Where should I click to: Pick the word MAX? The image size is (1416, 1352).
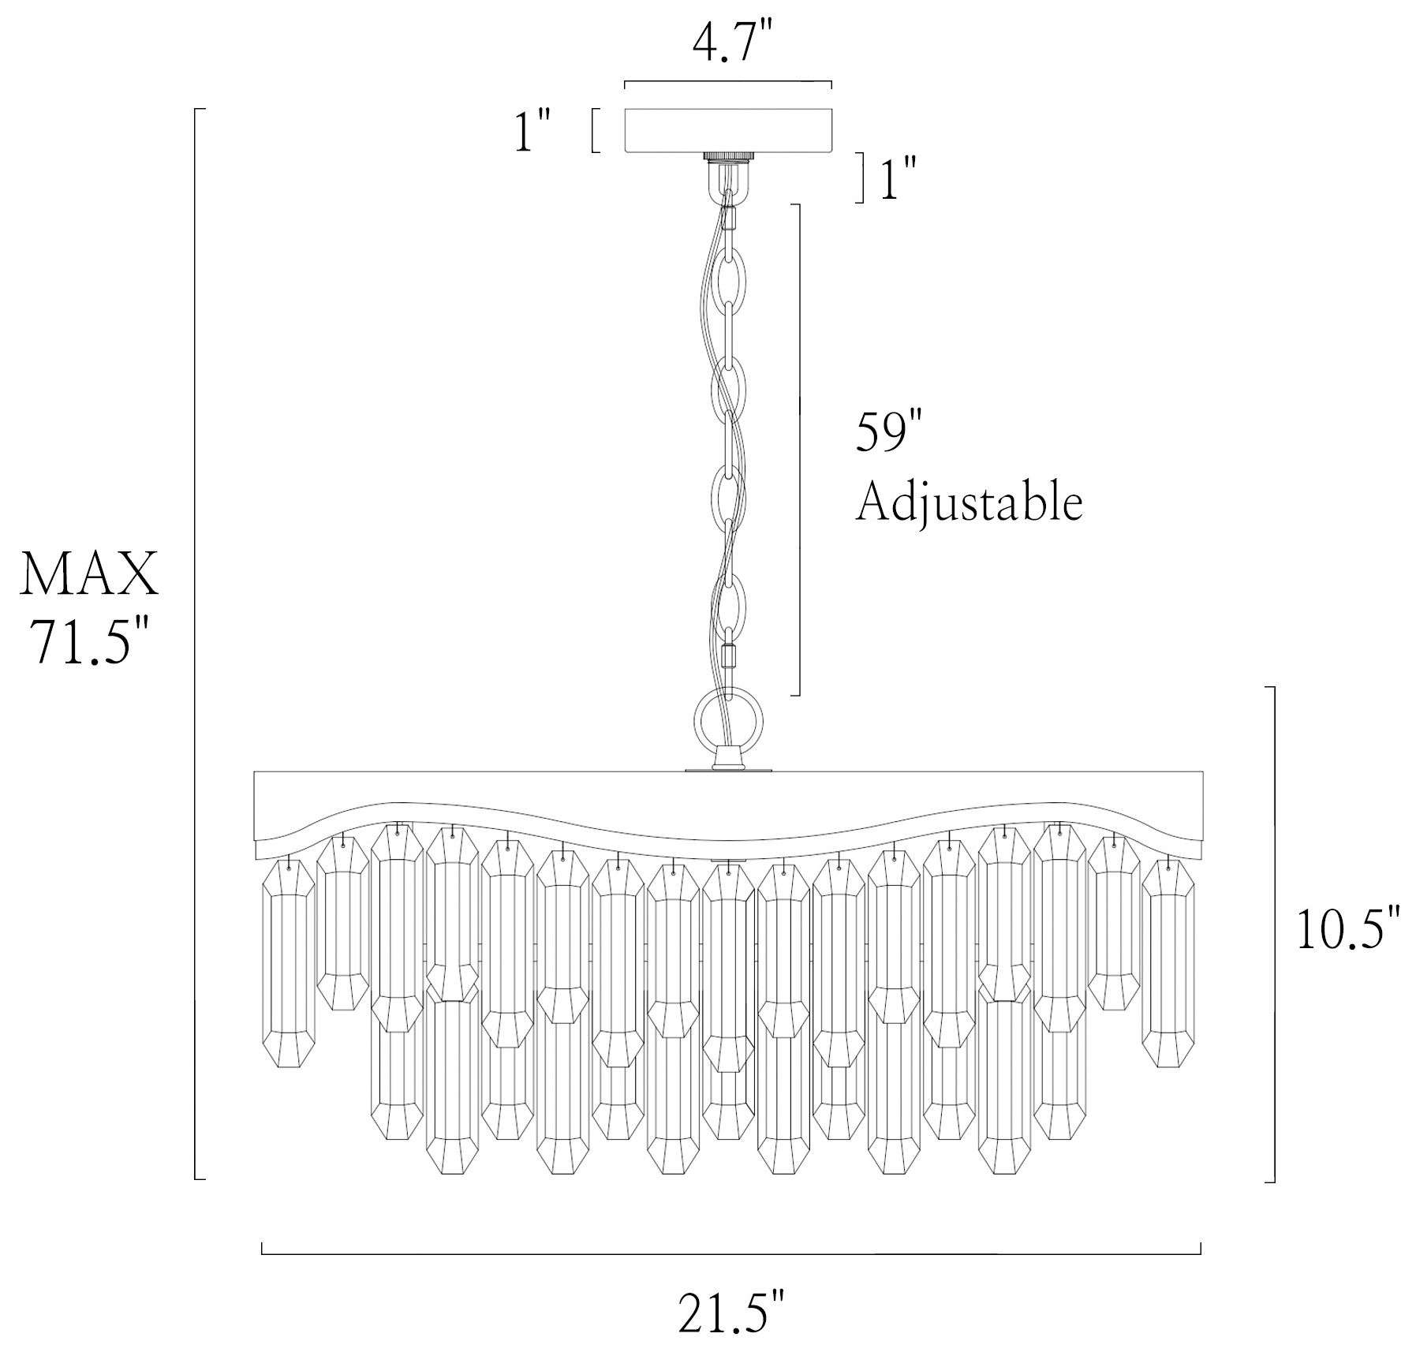tap(89, 574)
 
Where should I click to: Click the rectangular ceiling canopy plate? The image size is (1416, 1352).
tap(728, 129)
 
